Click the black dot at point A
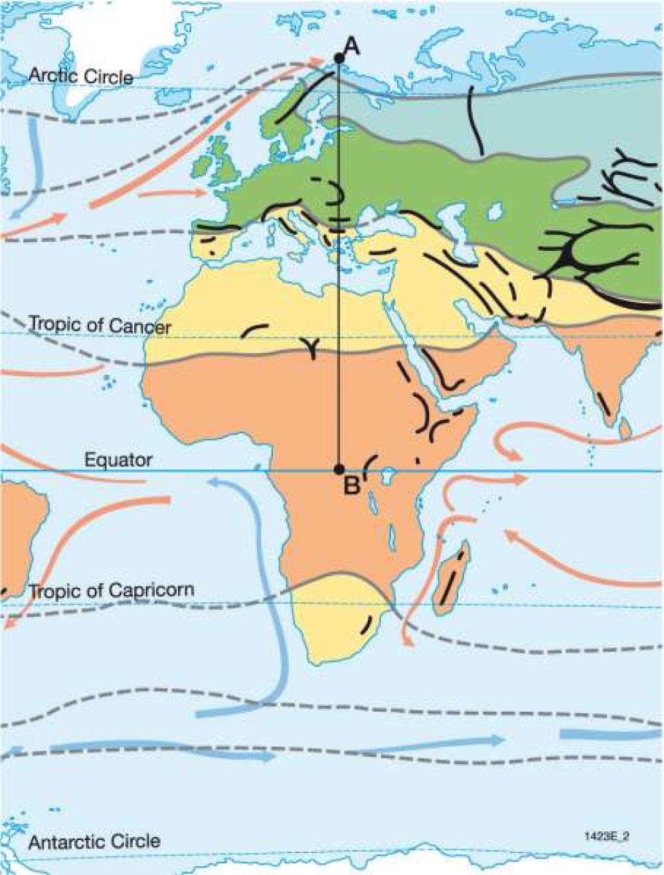coord(339,58)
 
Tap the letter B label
coord(352,486)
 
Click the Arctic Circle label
coord(80,76)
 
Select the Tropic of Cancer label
coord(100,326)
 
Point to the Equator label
coord(118,460)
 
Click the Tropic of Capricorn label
coord(112,590)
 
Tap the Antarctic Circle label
coord(94,842)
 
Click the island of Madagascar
coord(454,577)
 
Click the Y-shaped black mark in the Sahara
coord(311,346)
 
